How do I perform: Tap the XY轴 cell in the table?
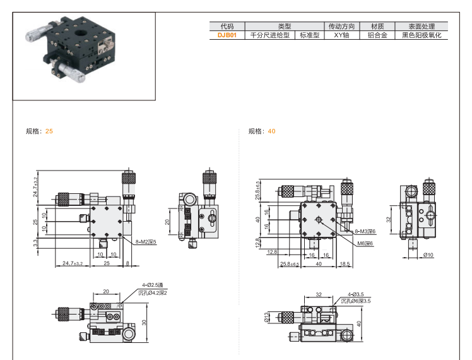tap(341, 35)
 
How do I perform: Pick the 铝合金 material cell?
tap(377, 35)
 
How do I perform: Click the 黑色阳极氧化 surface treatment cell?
tap(421, 35)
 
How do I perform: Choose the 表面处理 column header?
tap(421, 27)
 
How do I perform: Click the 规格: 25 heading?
tap(39, 131)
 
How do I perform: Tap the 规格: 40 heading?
tap(262, 131)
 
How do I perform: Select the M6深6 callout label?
tap(365, 243)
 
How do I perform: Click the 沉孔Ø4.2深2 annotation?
tap(155, 294)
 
